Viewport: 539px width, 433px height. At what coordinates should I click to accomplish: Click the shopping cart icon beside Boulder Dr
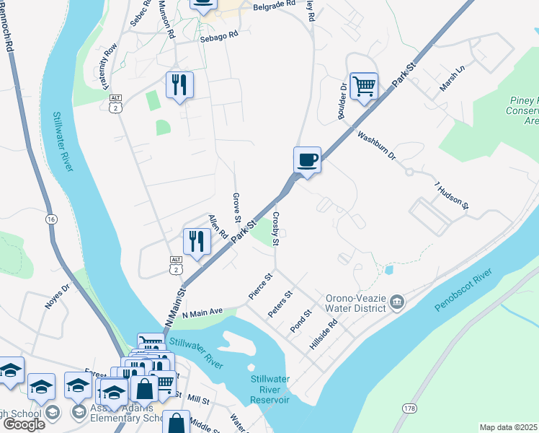pyautogui.click(x=364, y=87)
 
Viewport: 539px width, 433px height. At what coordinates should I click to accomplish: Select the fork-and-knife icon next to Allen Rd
pyautogui.click(x=197, y=242)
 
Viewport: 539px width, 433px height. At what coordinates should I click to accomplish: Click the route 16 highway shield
pyautogui.click(x=50, y=219)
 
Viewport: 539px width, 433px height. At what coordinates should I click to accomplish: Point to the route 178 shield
pyautogui.click(x=410, y=408)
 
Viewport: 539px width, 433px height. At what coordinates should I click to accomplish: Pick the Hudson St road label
pyautogui.click(x=452, y=196)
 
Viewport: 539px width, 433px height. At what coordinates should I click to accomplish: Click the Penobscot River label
pyautogui.click(x=463, y=290)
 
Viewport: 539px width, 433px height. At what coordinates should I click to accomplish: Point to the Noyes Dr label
pyautogui.click(x=58, y=297)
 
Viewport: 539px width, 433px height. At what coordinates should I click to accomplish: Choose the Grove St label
pyautogui.click(x=236, y=207)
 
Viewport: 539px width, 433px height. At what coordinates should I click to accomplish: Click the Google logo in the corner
pyautogui.click(x=23, y=424)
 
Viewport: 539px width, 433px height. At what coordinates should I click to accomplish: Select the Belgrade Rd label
pyautogui.click(x=275, y=4)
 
